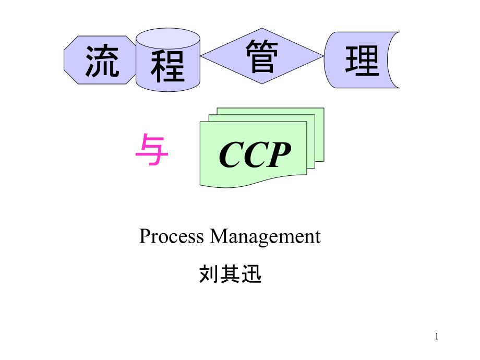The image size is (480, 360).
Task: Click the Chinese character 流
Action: [102, 61]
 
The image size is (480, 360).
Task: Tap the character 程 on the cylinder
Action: [168, 66]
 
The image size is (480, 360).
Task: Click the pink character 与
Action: [151, 150]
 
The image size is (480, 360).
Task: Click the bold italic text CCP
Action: [255, 155]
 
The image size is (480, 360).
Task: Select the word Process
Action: [172, 237]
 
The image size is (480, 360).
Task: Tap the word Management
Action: [265, 237]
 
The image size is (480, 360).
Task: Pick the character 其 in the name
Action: [230, 273]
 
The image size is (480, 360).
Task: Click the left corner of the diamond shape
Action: [202, 56]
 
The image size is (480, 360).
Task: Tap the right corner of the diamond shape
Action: [323, 56]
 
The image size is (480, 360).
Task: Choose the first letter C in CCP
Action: [230, 155]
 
